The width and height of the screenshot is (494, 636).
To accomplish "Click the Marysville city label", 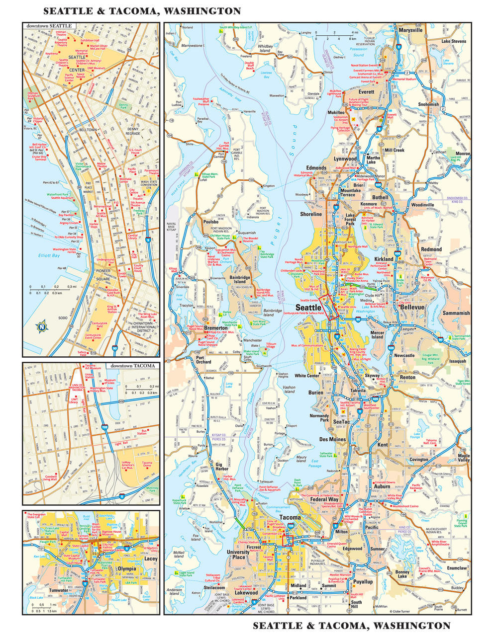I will tap(410, 30).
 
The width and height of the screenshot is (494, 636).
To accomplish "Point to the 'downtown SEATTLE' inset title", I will tap(49, 25).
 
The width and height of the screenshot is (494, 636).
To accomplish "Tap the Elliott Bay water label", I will tap(49, 256).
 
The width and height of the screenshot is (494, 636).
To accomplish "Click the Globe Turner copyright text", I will tap(402, 612).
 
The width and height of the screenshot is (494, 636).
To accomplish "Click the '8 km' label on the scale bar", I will tap(352, 38).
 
